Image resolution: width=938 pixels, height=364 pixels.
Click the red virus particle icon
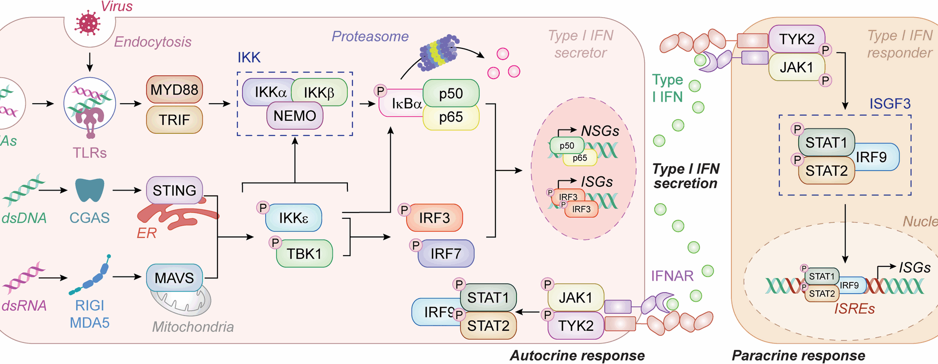88,23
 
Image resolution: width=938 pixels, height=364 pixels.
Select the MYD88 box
174,89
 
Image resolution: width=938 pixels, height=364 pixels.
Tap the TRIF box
174,120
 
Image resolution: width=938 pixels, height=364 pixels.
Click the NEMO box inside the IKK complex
295,116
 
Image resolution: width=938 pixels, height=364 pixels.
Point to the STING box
174,190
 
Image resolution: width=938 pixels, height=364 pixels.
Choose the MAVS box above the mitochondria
174,278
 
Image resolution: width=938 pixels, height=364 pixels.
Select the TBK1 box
304,254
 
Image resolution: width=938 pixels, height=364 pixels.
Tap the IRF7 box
446,254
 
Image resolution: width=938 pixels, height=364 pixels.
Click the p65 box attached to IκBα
450,117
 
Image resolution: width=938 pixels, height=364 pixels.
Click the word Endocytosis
152,42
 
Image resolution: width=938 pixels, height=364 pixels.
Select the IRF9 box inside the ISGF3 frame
877,157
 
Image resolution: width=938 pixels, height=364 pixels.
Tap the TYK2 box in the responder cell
796,39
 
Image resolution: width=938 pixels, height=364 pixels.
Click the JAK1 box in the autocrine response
576,298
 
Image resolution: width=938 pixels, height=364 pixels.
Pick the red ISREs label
854,309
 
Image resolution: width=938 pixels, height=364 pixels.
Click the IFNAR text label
672,276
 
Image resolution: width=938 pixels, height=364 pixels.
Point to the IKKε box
293,218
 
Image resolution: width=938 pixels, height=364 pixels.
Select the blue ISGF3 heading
890,104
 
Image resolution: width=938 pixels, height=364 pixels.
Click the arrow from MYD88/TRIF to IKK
219,104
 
